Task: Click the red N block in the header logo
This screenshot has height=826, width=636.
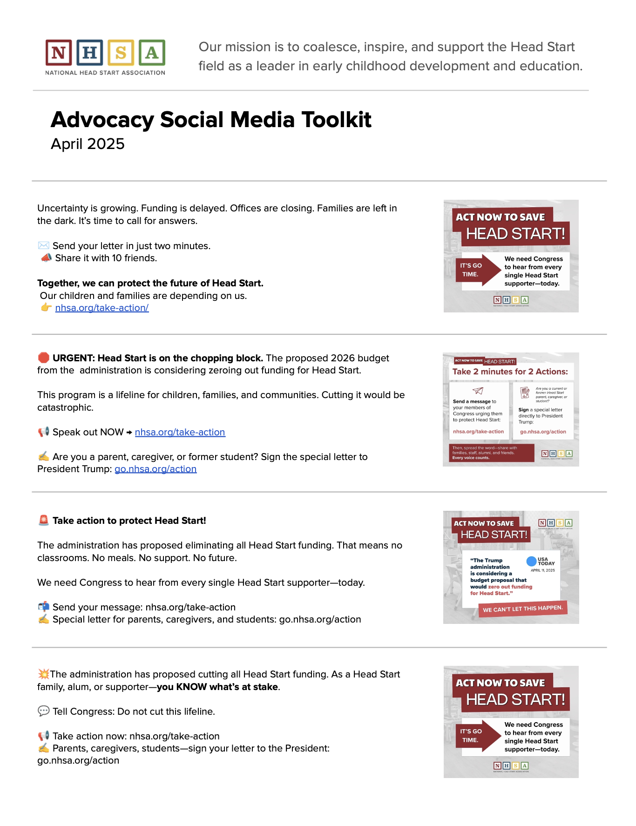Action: [59, 53]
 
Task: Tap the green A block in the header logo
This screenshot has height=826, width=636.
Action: [152, 53]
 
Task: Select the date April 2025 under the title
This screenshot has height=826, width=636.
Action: [88, 144]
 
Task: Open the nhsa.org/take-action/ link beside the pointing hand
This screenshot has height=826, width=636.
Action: [102, 308]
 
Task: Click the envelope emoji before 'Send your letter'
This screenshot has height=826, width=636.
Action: [43, 245]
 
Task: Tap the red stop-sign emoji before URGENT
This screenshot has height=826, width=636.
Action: [43, 358]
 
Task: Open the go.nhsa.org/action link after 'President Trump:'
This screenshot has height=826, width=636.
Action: [156, 469]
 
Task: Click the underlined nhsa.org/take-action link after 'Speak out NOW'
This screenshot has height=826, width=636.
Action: [180, 432]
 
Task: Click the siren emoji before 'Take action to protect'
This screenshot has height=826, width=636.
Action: [43, 520]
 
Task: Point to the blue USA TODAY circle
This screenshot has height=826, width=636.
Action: [531, 561]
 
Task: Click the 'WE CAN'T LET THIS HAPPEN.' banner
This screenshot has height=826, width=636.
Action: [522, 609]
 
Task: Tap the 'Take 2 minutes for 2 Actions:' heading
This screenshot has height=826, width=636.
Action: [510, 372]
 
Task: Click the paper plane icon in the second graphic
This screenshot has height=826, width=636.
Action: [478, 391]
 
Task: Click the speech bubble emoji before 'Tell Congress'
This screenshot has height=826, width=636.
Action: [43, 711]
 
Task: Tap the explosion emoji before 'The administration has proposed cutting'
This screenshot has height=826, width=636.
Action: [43, 674]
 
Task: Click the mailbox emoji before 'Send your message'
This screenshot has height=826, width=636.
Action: [43, 607]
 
